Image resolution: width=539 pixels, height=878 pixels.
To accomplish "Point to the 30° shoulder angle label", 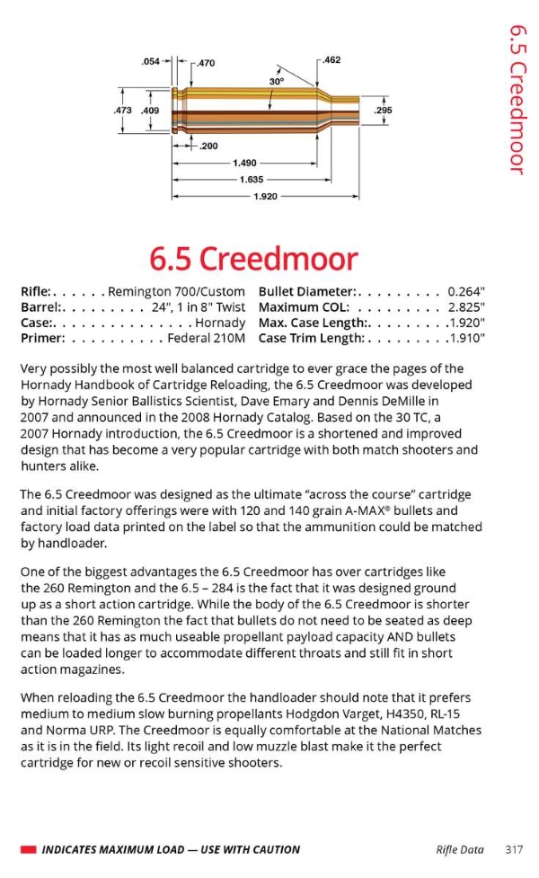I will click(277, 82).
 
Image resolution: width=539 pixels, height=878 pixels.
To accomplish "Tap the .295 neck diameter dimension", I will click(383, 111).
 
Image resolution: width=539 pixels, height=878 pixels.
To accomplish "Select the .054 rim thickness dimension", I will click(151, 62).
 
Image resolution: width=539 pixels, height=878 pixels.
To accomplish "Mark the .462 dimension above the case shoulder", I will click(331, 60).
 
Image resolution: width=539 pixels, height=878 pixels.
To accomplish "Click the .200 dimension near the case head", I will click(209, 145).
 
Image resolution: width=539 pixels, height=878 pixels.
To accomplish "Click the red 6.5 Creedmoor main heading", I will click(254, 259).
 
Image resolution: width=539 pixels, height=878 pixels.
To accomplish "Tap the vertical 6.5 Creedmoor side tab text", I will click(517, 99).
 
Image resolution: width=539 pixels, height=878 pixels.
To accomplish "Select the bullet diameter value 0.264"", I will click(466, 291).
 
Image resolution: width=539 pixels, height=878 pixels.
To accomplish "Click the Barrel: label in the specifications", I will click(40, 306).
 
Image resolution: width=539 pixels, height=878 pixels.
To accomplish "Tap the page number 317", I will click(514, 848).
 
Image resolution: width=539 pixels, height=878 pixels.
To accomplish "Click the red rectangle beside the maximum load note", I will click(28, 849).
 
